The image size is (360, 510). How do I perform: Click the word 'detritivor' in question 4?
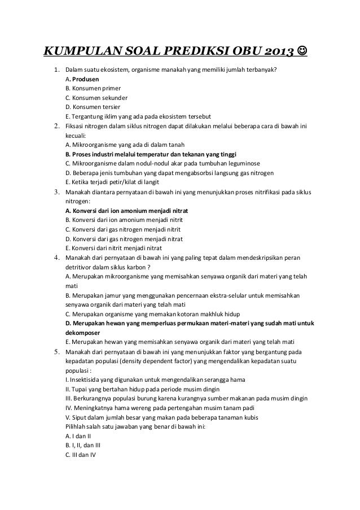(x=80, y=267)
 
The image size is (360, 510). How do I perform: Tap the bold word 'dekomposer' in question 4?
(x=84, y=333)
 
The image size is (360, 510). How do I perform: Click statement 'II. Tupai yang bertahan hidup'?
(x=107, y=389)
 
